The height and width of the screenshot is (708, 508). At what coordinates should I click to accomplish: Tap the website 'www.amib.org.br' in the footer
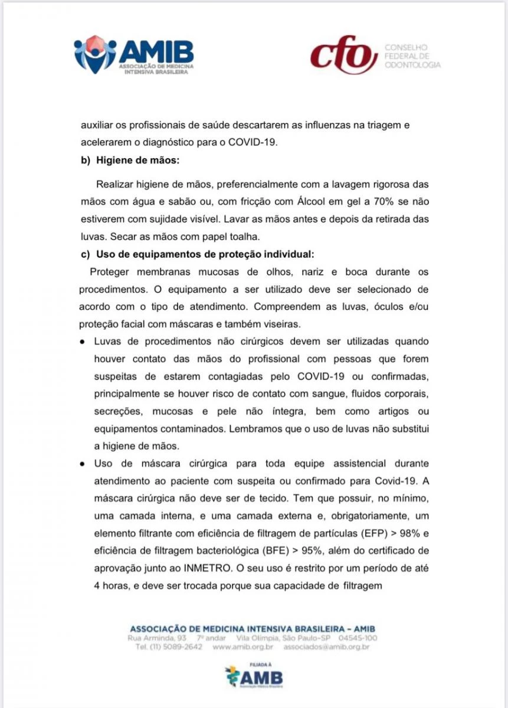241,647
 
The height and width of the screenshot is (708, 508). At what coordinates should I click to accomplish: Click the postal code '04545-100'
358,638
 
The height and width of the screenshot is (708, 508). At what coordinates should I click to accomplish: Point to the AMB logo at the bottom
254,676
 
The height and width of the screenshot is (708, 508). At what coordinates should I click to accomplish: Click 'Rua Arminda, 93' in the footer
158,638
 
